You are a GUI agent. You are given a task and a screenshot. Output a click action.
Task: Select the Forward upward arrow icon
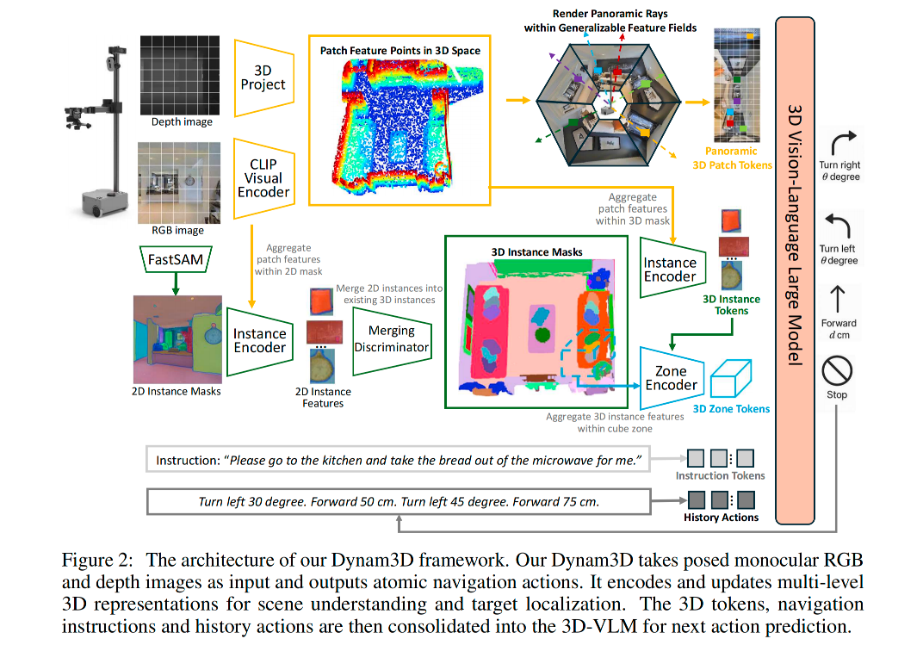837,300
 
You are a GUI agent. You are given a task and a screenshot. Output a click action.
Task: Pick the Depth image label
182,122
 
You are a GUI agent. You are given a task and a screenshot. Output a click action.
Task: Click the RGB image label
178,230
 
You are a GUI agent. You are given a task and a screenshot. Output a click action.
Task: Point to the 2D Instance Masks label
177,391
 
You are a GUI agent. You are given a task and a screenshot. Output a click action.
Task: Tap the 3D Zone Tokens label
731,409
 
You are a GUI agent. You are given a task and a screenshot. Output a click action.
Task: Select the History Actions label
721,518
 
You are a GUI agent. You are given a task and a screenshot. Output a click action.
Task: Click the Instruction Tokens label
720,475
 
